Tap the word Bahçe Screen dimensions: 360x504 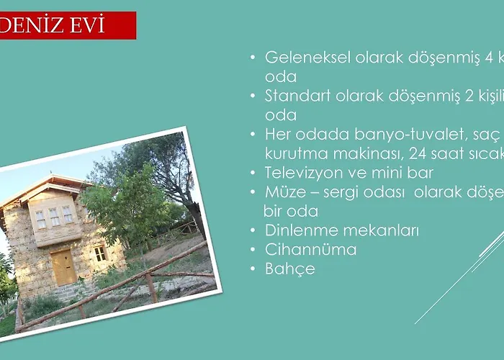pyautogui.click(x=290, y=269)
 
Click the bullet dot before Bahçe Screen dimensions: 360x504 pyautogui.click(x=252, y=269)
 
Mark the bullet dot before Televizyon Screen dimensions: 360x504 pyautogui.click(x=252, y=174)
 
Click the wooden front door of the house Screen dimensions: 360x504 pyautogui.click(x=63, y=268)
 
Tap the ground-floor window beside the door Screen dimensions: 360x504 pyautogui.click(x=99, y=253)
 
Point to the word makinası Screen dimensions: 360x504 pyautogui.click(x=360, y=153)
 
